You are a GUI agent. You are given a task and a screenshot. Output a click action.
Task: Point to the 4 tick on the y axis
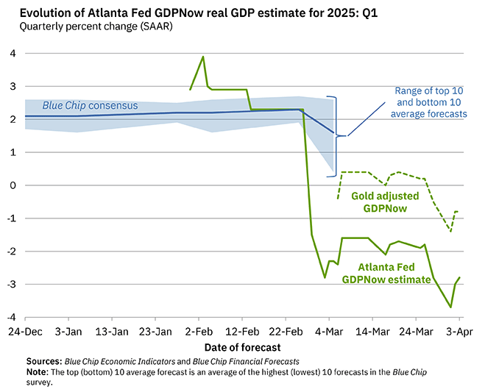(13, 54)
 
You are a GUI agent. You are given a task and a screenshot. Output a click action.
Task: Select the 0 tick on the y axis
(13, 185)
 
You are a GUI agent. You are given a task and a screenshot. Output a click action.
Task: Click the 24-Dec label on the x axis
(25, 332)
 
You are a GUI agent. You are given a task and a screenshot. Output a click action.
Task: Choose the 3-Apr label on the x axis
(459, 332)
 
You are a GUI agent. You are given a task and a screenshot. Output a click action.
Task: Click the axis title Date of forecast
(243, 346)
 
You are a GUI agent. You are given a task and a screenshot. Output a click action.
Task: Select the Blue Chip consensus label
(89, 105)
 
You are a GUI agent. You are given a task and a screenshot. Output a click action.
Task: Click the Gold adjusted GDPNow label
(386, 202)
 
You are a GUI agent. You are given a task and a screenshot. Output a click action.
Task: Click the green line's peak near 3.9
(203, 57)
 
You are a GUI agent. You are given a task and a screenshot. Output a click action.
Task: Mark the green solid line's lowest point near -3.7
(450, 307)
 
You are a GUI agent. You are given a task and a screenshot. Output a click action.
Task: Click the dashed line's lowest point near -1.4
(450, 232)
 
